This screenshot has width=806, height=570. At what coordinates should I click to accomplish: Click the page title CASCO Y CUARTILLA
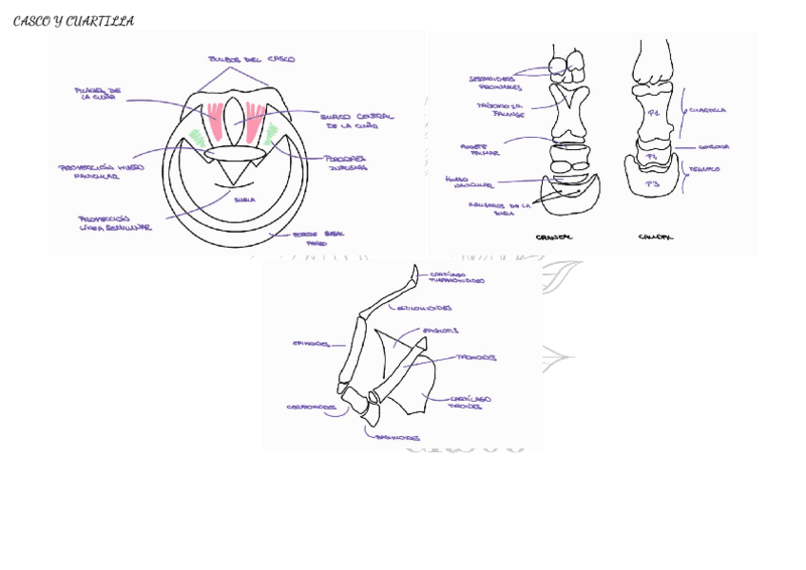coord(73,21)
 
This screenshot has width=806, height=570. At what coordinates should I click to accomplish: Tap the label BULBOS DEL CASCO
coord(252,59)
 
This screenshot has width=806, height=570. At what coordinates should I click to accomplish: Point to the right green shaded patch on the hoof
coord(271,133)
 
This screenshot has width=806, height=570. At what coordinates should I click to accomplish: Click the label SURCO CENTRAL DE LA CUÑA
coord(355,121)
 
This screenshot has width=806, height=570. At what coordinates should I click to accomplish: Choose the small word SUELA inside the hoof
coord(244,199)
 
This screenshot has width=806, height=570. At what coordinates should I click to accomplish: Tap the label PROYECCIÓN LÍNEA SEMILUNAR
coord(114,223)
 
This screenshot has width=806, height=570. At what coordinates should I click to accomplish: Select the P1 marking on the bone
coord(653,113)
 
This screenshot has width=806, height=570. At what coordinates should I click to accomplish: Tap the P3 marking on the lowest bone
coord(652,182)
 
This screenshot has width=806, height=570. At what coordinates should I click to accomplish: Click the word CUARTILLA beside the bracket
coord(707,110)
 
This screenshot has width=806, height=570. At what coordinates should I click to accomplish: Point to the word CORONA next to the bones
coord(713,147)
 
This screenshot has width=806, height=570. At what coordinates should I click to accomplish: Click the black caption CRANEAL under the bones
coord(554,237)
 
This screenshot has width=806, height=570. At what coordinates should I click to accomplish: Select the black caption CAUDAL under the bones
coord(656,237)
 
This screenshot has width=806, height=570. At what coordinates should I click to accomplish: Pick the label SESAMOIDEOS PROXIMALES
coord(493,83)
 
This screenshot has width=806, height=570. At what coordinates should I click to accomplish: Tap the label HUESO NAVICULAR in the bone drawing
coord(469,181)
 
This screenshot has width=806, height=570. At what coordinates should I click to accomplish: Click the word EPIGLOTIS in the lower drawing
coord(440,331)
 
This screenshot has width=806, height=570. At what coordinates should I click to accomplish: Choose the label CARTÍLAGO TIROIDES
coord(470,402)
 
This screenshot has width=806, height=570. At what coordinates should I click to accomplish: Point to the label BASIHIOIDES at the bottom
coord(397,438)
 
